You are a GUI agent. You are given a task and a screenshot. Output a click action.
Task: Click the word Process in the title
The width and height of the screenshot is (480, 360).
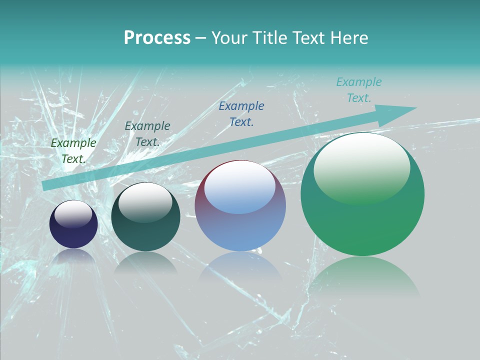(157, 38)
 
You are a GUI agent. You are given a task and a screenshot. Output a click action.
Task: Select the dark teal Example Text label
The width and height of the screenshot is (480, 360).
(147, 134)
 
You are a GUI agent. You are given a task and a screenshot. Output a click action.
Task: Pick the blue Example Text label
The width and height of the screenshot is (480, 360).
(241, 114)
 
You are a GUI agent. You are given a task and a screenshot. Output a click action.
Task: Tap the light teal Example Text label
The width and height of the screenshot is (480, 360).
(359, 90)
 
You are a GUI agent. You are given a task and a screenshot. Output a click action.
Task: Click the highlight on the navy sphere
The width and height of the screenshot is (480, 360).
(73, 214)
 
